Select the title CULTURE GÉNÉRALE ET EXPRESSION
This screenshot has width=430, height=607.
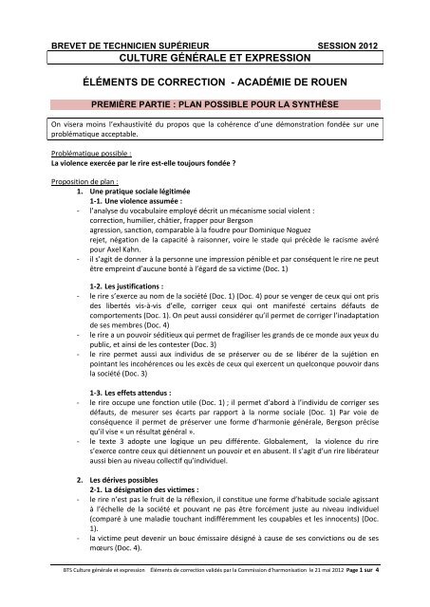point(215,59)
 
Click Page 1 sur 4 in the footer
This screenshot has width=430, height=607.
point(383,598)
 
